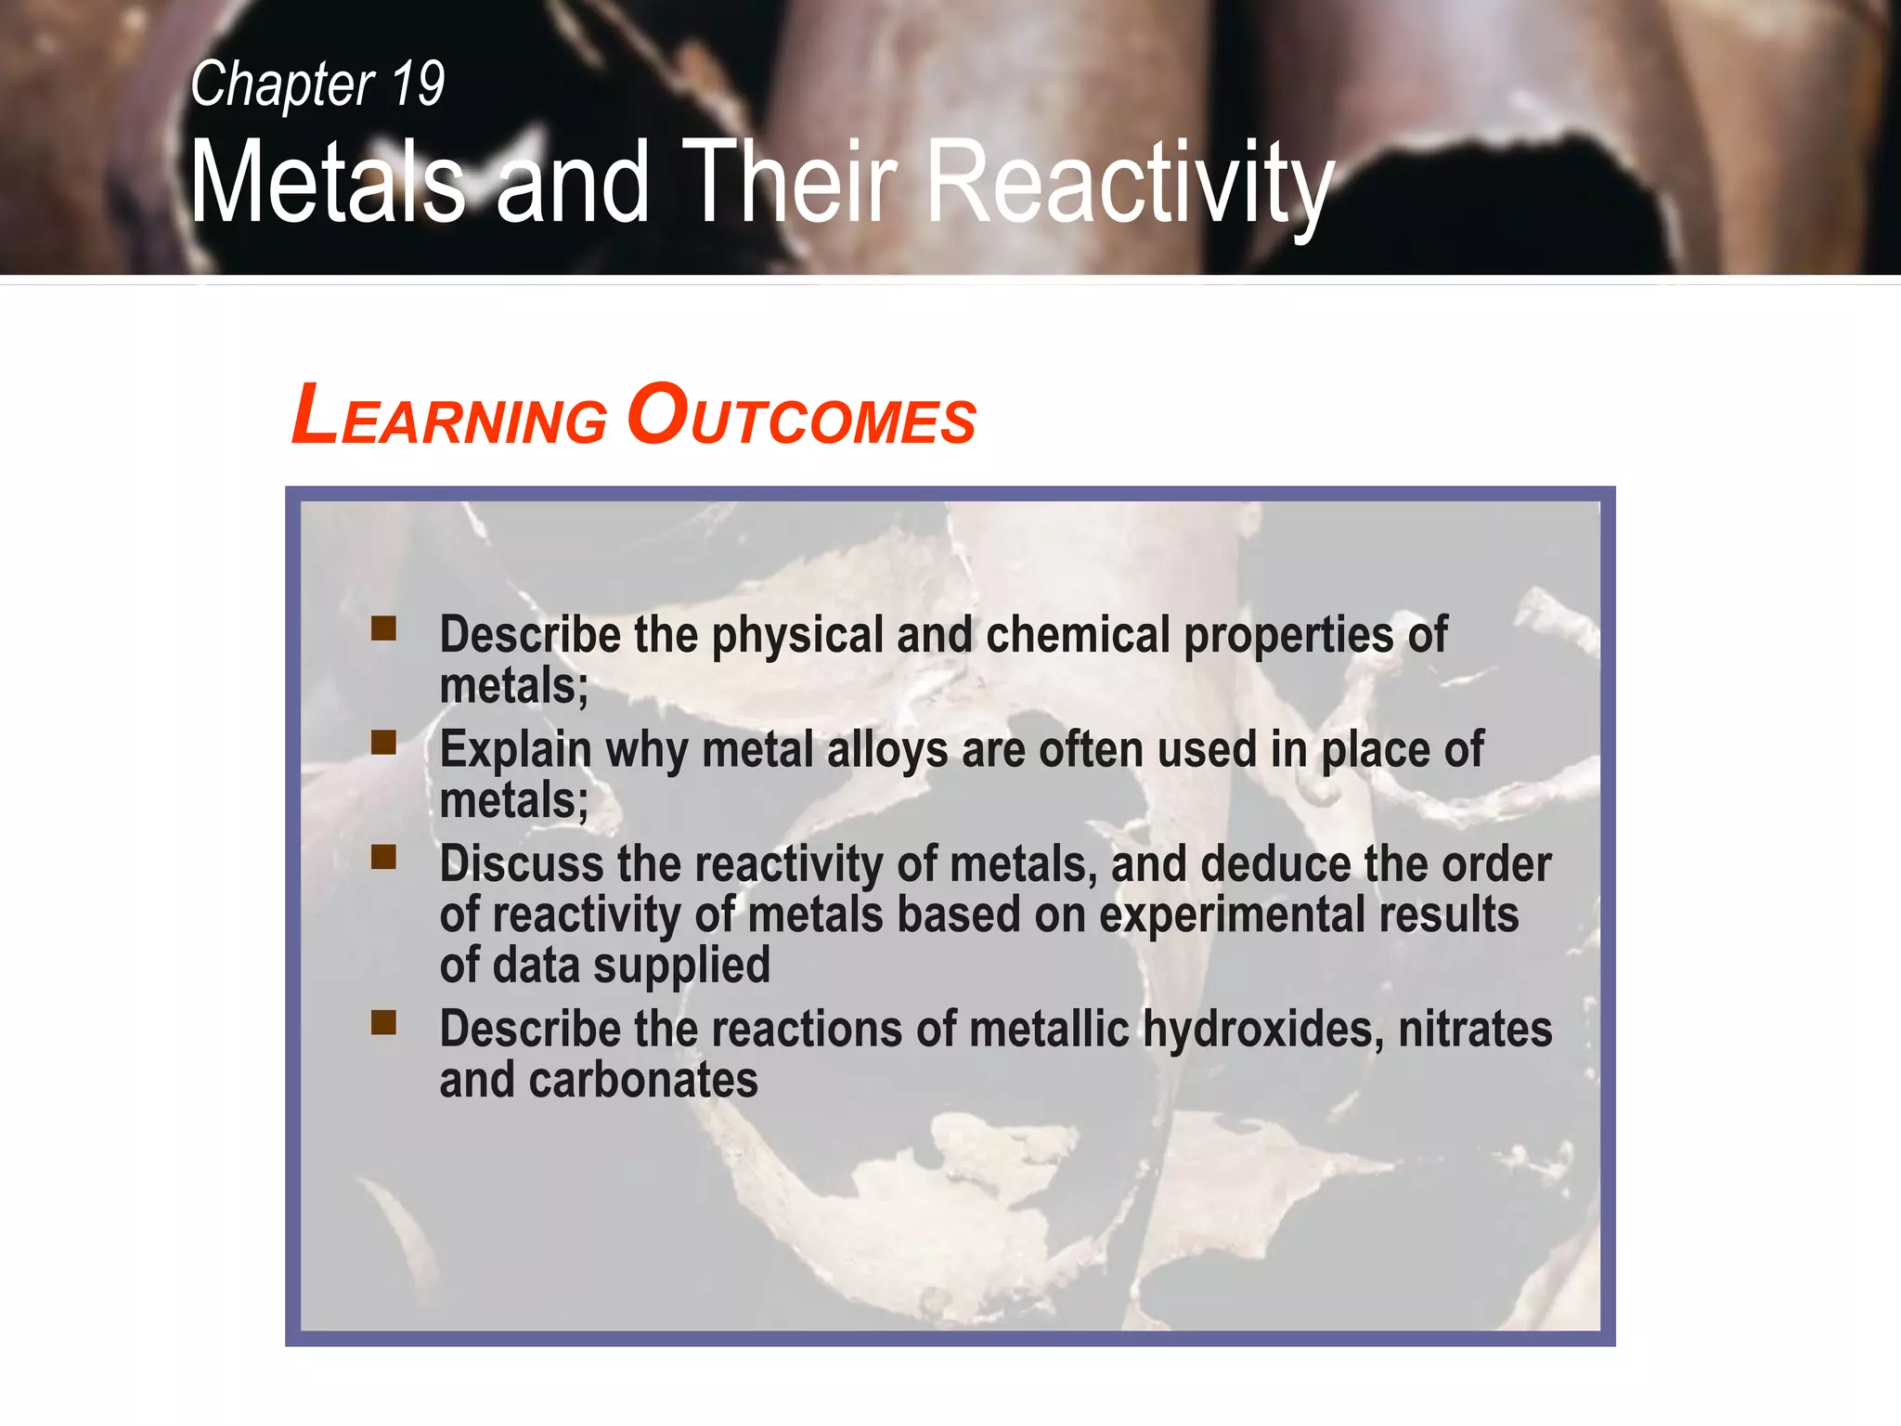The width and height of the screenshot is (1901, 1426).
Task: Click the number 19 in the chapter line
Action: click(x=418, y=84)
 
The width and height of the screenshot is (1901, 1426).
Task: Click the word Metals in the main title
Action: click(x=328, y=182)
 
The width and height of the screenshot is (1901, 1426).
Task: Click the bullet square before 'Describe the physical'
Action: click(x=383, y=629)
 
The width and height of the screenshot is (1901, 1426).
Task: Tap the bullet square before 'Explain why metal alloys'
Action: click(x=383, y=743)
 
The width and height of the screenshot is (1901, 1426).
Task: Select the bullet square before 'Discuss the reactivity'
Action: click(x=383, y=857)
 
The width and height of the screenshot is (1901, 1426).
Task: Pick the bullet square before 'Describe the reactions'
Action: click(x=383, y=1023)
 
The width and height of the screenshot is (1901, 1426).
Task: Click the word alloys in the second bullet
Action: click(x=886, y=750)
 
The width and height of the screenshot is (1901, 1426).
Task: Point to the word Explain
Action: click(x=515, y=750)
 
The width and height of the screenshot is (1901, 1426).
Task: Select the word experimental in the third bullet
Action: click(x=1231, y=915)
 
